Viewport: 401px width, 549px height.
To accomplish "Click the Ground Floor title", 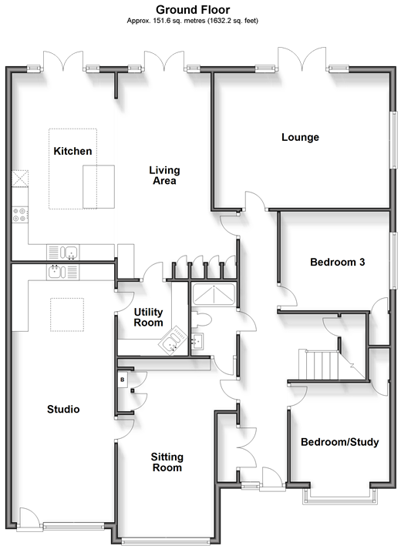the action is tap(193, 9).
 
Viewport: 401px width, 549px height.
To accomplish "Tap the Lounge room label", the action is tap(301, 137).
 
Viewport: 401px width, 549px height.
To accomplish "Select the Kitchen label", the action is tap(73, 151).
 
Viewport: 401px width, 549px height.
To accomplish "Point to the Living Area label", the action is tap(164, 175).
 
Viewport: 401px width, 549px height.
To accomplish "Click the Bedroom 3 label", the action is tap(338, 262).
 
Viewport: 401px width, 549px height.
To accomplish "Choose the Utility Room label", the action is tap(149, 317).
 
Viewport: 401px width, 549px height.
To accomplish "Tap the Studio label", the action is tap(63, 409).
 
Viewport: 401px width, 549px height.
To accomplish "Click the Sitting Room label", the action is tap(167, 462).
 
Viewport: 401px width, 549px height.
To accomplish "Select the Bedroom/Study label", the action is tap(340, 442).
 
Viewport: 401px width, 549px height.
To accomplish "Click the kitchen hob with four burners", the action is tap(19, 215).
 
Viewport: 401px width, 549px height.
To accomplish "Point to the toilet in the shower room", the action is tap(201, 320).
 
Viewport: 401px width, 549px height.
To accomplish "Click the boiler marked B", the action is tap(123, 379).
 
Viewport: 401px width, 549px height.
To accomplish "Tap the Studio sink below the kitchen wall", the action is tap(62, 272).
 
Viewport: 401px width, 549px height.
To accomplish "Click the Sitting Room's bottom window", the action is tap(166, 542).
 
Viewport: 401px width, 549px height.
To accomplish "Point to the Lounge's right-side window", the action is tap(395, 141).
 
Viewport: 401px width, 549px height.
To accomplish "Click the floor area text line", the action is tap(193, 21).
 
